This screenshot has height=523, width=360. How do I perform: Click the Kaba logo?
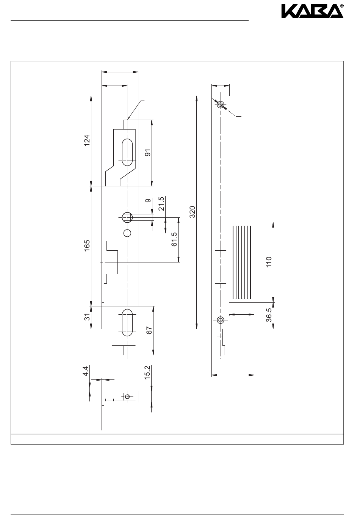pos(312,14)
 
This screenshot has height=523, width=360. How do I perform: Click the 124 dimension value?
pos(87,141)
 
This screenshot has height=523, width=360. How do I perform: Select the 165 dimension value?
pos(87,246)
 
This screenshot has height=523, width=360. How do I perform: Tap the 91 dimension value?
pos(148,153)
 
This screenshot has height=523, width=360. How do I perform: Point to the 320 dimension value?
pos(192,212)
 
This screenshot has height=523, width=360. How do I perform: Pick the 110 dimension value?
pos(269,262)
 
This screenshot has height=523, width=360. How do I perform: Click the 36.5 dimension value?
pos(269,315)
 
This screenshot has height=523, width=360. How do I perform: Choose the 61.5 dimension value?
pos(174,240)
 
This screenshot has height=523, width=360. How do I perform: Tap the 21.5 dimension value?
pos(161,204)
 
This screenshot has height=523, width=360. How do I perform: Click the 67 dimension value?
pos(149,330)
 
